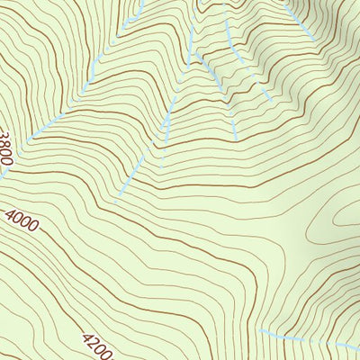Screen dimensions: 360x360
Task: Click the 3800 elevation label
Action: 6,146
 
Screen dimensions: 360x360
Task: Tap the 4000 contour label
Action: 21,220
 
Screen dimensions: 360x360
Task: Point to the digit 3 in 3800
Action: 4,134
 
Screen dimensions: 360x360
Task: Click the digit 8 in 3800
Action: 5,142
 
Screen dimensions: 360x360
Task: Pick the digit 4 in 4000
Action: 10,213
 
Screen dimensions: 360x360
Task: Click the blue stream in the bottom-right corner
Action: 306,338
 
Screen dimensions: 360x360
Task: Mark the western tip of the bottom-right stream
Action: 260,331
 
